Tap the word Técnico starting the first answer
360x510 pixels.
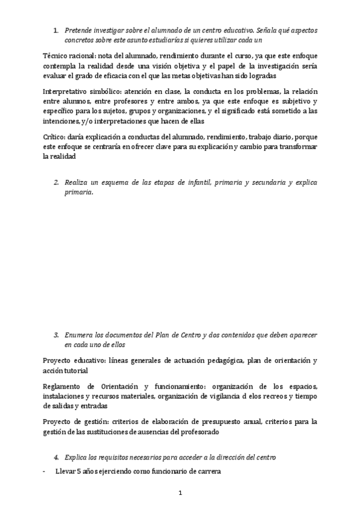56,55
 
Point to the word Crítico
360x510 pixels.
56,137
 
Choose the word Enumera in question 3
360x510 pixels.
81,334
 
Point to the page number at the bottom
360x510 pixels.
180,493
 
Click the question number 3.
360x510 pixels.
56,334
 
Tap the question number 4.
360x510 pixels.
56,457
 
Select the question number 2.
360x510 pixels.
56,182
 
